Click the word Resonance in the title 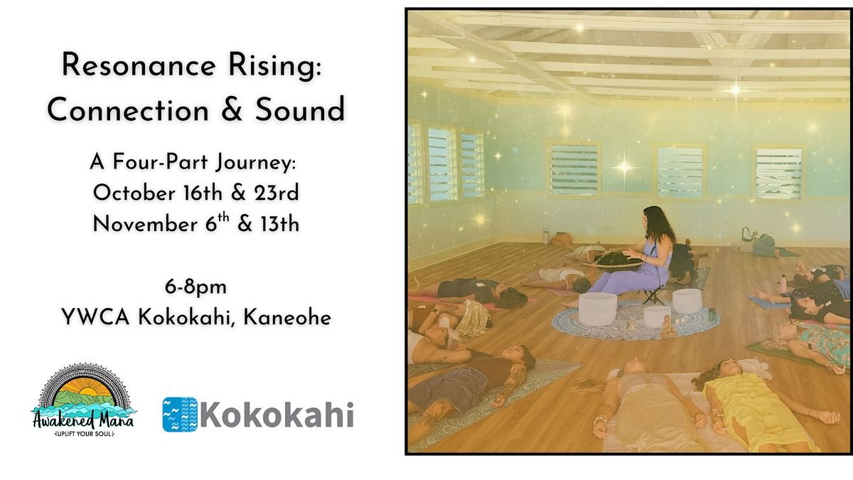click(139, 65)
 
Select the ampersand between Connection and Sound click(232, 110)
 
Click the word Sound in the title click(300, 110)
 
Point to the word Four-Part click(161, 162)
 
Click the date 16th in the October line click(203, 193)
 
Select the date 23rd click(277, 193)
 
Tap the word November click(145, 224)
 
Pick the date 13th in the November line click(279, 224)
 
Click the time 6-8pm click(195, 287)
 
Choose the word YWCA click(95, 317)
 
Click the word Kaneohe click(287, 317)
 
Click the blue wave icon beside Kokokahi click(180, 415)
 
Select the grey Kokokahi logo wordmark click(277, 415)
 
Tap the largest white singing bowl click(597, 309)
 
